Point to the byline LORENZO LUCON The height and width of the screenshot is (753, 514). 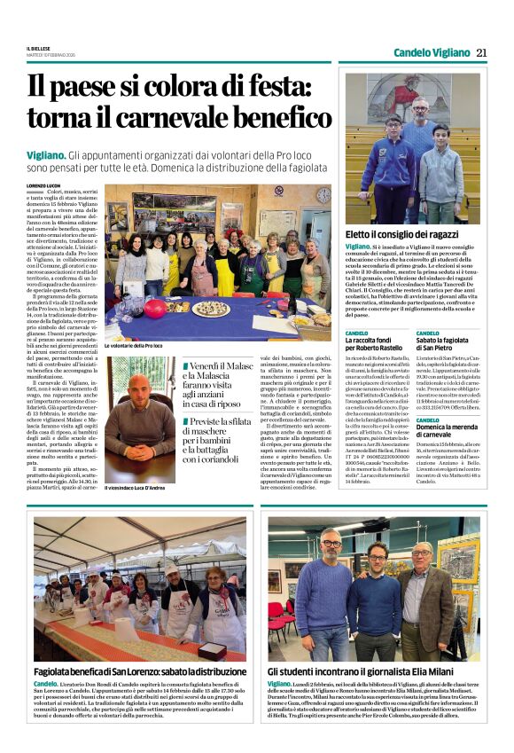point(48,186)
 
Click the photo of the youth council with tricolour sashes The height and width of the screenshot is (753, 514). point(412,146)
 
